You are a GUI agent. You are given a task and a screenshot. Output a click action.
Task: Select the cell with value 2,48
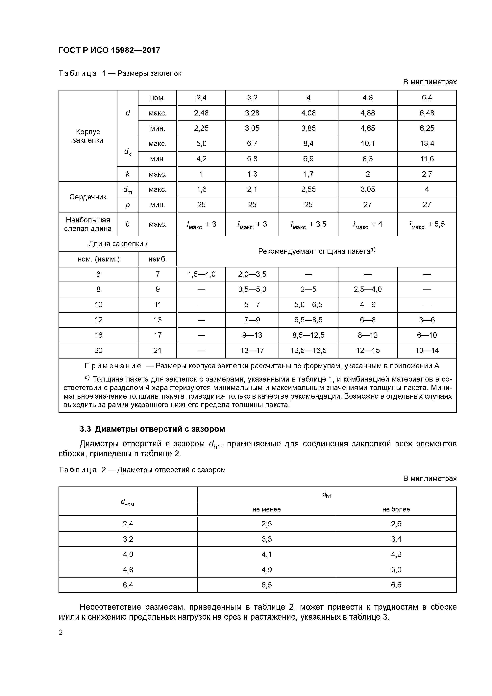click(x=201, y=113)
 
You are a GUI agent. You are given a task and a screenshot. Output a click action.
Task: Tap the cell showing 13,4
click(x=427, y=143)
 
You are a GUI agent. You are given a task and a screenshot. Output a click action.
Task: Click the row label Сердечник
click(x=88, y=197)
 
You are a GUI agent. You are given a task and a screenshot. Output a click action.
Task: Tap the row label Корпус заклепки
click(x=88, y=136)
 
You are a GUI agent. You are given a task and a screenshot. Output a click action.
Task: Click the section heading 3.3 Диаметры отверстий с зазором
click(x=152, y=429)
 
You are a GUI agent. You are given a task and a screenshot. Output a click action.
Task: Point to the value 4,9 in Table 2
click(x=266, y=570)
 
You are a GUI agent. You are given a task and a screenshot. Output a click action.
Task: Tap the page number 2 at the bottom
click(x=61, y=632)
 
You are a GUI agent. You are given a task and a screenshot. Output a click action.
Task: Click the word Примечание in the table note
click(x=113, y=366)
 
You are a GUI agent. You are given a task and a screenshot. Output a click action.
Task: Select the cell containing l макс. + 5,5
click(x=427, y=224)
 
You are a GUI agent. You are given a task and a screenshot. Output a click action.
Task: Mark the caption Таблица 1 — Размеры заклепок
click(x=120, y=73)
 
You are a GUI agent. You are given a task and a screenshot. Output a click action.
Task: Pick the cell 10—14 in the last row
click(x=427, y=350)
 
